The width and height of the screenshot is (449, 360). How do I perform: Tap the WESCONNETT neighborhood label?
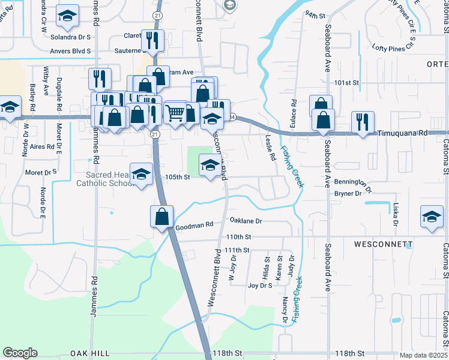[383, 245]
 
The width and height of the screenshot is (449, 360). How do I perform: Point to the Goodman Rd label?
[194, 226]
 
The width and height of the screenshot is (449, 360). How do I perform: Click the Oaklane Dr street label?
[246, 221]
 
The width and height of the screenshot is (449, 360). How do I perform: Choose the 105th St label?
[177, 177]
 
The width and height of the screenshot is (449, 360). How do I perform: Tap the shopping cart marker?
[175, 112]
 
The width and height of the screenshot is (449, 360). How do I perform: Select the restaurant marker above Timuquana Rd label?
[361, 122]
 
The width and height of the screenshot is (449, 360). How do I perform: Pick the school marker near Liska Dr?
[432, 217]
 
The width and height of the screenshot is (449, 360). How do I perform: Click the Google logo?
[20, 353]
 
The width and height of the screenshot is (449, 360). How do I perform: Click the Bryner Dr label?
[348, 193]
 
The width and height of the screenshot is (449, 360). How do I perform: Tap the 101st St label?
[346, 82]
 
